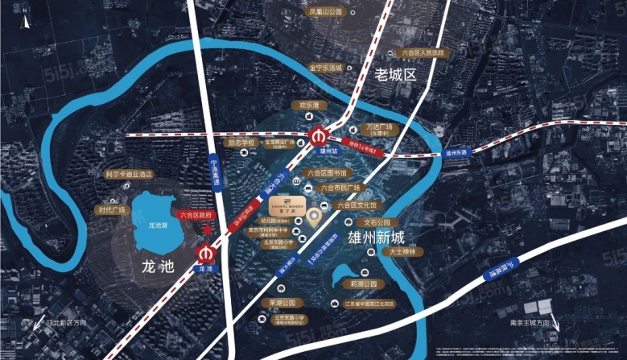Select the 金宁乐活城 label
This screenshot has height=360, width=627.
click(325, 68)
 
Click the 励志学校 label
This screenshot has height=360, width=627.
click(241, 143)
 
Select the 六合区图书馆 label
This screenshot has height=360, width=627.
click(326, 173)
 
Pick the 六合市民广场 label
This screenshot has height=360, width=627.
click(338, 188)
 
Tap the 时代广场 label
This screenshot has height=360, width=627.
click(112, 210)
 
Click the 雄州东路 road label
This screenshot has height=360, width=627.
click(456, 151)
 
